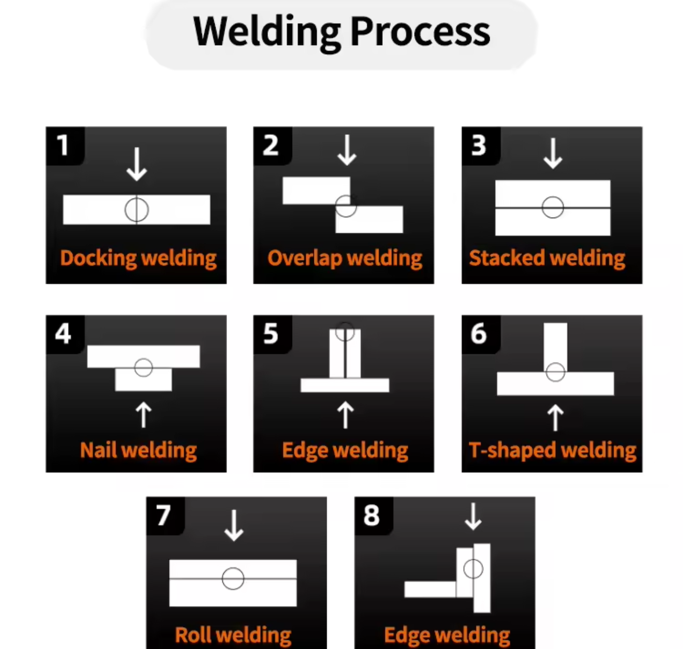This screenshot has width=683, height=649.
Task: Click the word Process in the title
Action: coord(420,32)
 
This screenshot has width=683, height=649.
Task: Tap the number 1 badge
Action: coord(63,145)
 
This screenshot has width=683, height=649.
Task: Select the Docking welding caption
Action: coord(138,258)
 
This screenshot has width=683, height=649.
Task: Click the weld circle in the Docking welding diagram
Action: coord(137,210)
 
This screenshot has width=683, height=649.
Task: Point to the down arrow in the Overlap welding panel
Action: coord(347,150)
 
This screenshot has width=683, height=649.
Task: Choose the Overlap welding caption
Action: coord(345,258)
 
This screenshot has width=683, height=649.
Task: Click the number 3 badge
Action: coord(479,145)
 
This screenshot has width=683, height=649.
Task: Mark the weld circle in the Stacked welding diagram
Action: coord(552,207)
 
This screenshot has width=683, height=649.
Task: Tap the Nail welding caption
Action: coord(138,450)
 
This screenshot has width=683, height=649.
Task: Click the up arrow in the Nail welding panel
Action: coord(143,415)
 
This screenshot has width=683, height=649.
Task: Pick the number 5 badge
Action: coord(271,334)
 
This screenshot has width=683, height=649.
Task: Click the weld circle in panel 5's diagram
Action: coord(345,332)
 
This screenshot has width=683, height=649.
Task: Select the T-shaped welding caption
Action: coord(552,450)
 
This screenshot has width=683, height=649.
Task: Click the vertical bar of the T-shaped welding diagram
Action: coord(555,344)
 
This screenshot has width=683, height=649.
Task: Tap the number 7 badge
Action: coord(164,515)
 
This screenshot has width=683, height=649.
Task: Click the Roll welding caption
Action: coord(233,635)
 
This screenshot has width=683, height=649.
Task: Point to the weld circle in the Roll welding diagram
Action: coord(233,578)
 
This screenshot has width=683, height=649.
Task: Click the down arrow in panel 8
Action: coord(473,516)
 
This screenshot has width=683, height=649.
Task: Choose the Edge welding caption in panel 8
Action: coord(447,635)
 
